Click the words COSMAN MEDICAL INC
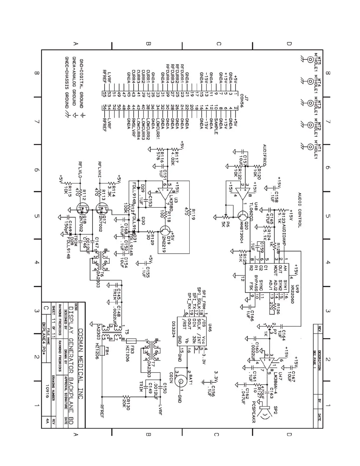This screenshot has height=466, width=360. coord(81,365)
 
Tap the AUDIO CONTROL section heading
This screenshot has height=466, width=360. coord(300,210)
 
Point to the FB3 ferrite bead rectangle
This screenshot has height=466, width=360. coord(131,341)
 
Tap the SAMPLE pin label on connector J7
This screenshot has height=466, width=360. coord(216,125)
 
